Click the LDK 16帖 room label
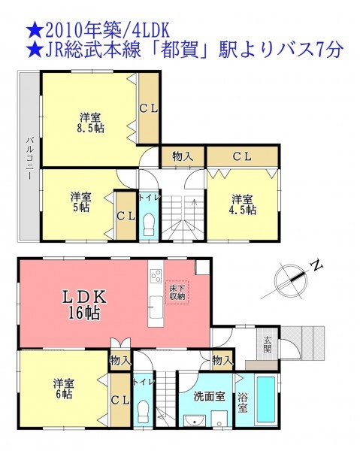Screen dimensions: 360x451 84,304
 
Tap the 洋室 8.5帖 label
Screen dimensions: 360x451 90,123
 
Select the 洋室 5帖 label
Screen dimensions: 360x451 81,202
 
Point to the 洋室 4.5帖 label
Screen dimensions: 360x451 243,204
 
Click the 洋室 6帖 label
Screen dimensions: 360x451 64,389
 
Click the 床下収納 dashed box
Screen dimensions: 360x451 177,292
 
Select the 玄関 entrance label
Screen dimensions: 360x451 268,345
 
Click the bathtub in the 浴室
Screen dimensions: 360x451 266,400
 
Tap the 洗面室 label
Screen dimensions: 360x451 209,396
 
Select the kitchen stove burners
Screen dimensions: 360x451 156,277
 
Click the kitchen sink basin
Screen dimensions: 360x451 156,307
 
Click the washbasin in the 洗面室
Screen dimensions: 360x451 195,420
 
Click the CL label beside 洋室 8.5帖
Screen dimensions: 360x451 149,108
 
